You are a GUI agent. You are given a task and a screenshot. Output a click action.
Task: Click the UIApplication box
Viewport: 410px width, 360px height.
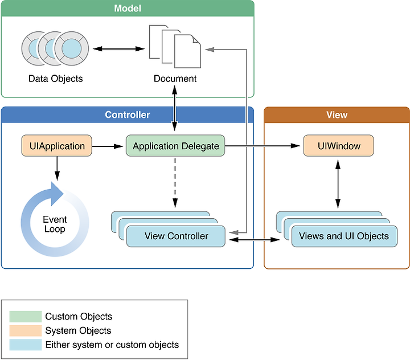(x=56, y=146)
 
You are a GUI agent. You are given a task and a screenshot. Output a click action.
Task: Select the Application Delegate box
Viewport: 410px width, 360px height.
(x=175, y=146)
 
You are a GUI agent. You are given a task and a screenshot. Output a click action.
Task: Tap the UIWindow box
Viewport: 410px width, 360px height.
(x=338, y=146)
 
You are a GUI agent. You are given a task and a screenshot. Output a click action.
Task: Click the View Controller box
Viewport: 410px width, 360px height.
(x=176, y=236)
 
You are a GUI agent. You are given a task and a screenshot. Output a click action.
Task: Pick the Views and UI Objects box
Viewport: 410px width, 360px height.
(x=343, y=236)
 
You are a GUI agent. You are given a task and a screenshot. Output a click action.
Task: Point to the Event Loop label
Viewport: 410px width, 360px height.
(x=55, y=224)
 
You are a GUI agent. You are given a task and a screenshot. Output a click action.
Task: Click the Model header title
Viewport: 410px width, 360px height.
(x=128, y=9)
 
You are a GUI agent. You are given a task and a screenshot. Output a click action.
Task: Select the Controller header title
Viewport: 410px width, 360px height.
(x=128, y=114)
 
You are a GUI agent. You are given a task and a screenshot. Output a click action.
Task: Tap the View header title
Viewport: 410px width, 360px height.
(x=337, y=114)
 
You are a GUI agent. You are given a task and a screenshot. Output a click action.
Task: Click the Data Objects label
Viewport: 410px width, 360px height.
(x=55, y=79)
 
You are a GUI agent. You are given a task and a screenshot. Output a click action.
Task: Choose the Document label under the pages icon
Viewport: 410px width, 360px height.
(x=175, y=79)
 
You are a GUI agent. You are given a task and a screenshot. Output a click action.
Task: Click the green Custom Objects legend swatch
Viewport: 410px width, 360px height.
(x=26, y=316)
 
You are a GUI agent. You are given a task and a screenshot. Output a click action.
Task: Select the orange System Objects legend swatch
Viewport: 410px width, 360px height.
(x=26, y=330)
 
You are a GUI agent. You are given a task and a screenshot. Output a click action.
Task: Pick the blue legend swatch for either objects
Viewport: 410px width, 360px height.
(x=26, y=345)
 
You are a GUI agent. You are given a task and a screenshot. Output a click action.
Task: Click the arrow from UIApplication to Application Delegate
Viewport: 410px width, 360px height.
(x=108, y=146)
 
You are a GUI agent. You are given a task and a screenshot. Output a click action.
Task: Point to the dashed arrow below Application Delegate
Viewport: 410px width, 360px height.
(x=175, y=182)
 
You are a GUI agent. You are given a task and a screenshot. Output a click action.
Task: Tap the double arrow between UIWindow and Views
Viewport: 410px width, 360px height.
(x=338, y=183)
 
